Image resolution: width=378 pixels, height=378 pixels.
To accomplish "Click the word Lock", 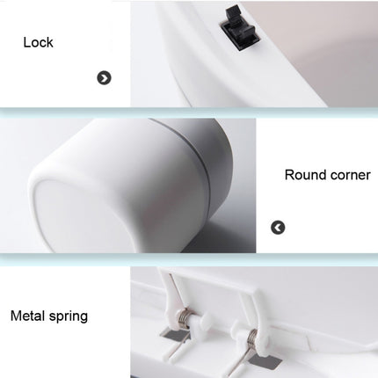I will click(38, 42).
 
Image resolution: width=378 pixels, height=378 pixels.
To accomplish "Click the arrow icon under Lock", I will click(104, 78).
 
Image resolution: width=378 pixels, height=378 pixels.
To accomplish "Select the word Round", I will click(302, 174).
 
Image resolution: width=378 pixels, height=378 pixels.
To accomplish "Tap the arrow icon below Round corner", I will click(278, 228).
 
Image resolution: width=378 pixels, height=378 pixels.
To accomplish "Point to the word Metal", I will click(30, 315).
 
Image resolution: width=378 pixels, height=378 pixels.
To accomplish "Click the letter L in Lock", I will click(27, 42).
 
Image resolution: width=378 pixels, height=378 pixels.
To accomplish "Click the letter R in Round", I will click(289, 174).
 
